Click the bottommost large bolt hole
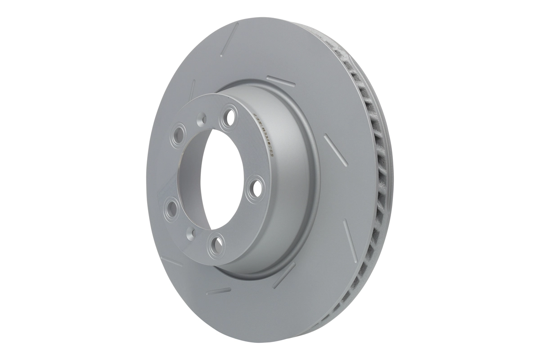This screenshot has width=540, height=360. point(216,243)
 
